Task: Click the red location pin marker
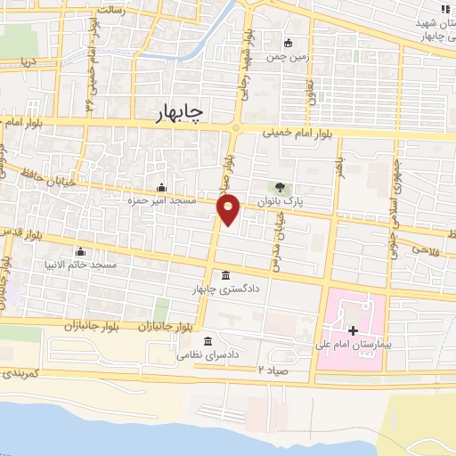tap(229, 210)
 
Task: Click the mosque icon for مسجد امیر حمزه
tap(161, 187)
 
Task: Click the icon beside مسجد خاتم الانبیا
tap(81, 251)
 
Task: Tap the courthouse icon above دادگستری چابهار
tap(224, 274)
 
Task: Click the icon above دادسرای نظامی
tap(208, 341)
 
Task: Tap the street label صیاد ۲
tap(273, 368)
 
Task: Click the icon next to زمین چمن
tap(288, 42)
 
